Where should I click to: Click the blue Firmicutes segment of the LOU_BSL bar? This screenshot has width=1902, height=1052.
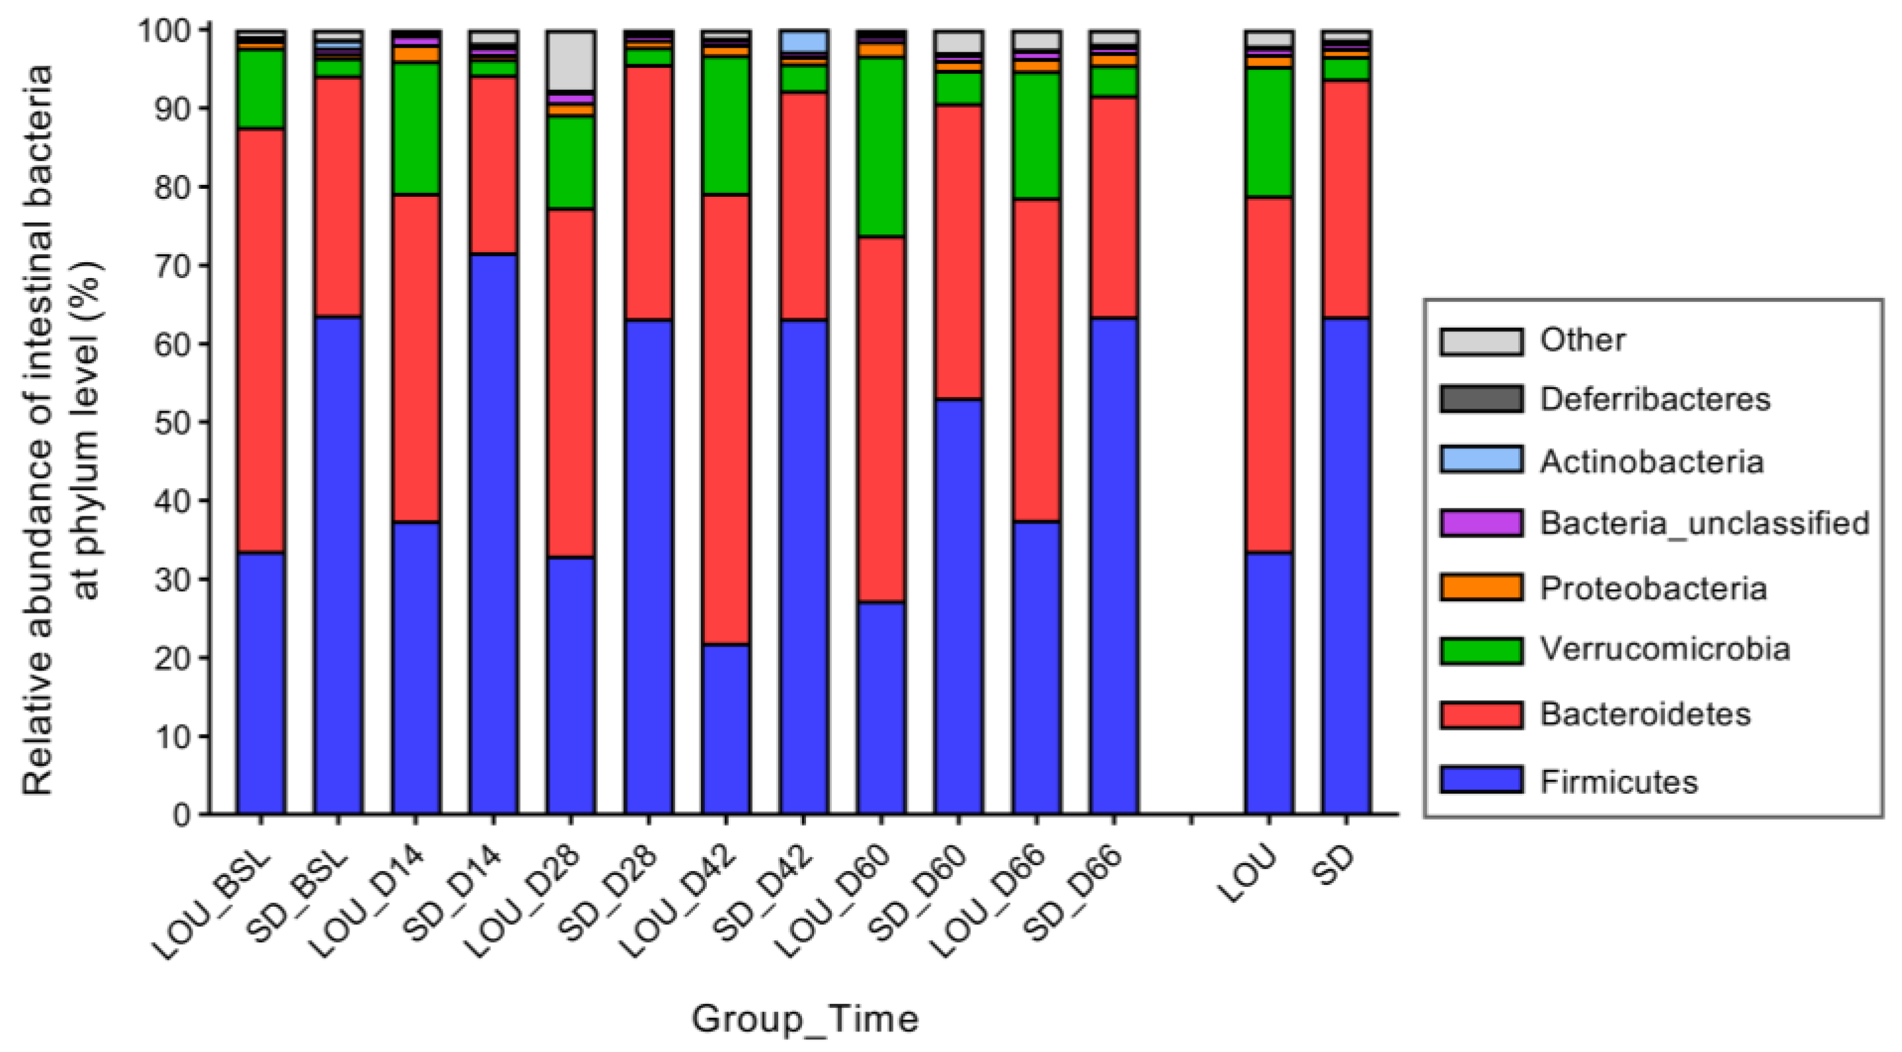click(x=261, y=683)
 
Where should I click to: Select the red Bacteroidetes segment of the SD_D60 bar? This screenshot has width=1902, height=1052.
click(x=959, y=252)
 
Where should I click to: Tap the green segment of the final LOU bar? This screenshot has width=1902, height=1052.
click(x=1268, y=133)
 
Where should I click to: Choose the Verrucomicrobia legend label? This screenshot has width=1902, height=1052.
click(x=1665, y=650)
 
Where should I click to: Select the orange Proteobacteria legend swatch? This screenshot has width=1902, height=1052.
click(x=1481, y=588)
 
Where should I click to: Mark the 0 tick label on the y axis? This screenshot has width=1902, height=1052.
click(x=182, y=815)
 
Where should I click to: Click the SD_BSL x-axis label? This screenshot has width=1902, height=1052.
click(x=299, y=897)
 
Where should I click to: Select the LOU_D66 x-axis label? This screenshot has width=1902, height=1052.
click(x=990, y=902)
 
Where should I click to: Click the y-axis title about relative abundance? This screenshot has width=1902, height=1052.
click(x=63, y=428)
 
